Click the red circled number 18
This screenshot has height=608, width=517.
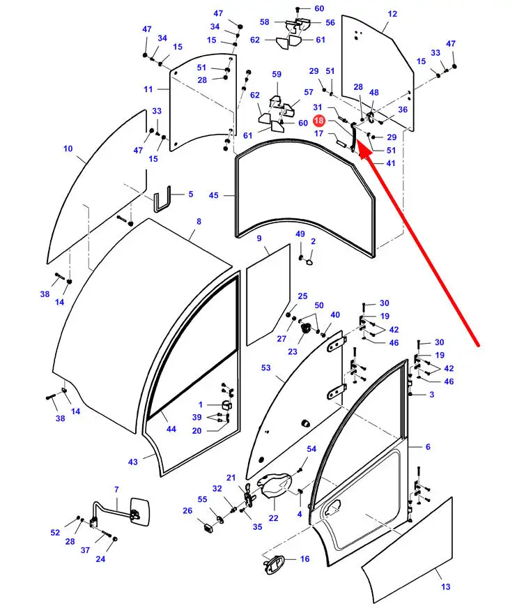coord(318,121)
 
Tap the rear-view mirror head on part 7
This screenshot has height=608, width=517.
coord(139,512)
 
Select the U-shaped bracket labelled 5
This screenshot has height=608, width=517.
coord(162,199)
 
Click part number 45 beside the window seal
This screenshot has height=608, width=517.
coord(213,195)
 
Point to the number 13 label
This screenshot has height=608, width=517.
coord(446,586)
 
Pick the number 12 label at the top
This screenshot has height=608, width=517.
coord(392,14)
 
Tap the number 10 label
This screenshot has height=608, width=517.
coord(68,149)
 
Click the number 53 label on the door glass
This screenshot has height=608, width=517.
coord(266,367)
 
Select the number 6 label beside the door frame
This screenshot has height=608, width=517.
coord(428,447)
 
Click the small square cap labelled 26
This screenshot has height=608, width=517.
coord(209,527)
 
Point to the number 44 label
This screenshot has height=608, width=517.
coord(171,429)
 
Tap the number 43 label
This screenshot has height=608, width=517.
coord(133,462)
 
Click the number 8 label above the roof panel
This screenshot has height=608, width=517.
coord(199,222)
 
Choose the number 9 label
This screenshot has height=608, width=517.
coord(259,238)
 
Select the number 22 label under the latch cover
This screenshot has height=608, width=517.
coord(274,518)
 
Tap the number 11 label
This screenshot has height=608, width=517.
coord(148,89)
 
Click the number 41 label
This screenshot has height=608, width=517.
coord(391,163)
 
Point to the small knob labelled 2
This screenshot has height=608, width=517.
coord(309,261)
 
